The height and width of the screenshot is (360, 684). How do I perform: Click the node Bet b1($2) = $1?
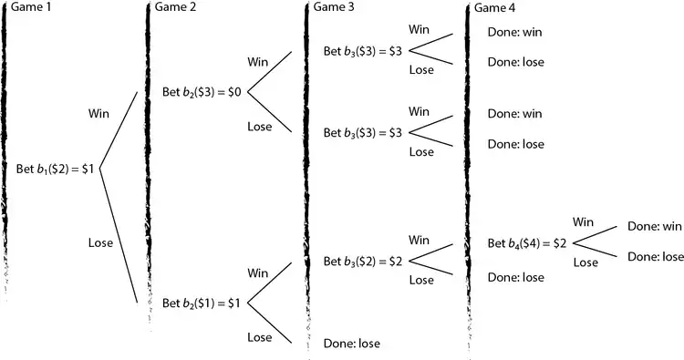[56, 169]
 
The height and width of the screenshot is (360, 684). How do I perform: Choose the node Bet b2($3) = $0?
[202, 92]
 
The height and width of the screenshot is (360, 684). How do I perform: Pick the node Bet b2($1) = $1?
[202, 303]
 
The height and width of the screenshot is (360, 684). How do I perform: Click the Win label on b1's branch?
[99, 114]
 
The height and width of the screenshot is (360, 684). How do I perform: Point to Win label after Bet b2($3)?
[259, 62]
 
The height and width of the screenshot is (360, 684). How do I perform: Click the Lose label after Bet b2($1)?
[260, 337]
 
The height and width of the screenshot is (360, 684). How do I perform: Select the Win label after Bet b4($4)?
[585, 221]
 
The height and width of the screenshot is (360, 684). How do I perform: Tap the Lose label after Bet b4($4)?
[586, 262]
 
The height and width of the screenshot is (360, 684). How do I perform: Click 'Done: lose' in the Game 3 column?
[351, 344]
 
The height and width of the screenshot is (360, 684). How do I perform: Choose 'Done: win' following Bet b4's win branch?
[655, 227]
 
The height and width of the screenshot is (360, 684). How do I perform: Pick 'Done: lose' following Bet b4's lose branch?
[656, 257]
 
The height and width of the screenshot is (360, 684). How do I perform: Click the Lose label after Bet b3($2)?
[420, 281]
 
